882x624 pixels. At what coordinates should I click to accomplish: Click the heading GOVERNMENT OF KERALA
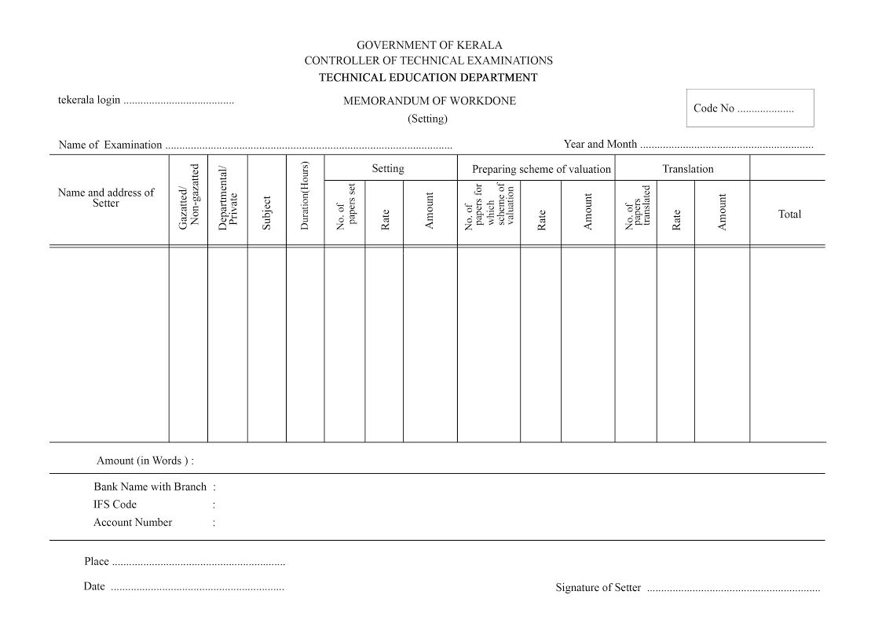[x=429, y=46]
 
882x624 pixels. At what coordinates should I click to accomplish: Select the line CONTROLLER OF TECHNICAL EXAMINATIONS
[x=429, y=61]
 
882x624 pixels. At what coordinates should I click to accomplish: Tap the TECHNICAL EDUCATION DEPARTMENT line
[x=429, y=77]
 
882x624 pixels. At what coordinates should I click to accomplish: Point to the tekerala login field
[x=178, y=101]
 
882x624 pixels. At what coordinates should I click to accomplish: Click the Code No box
[x=750, y=108]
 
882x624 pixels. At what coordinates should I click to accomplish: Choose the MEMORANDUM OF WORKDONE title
[x=429, y=101]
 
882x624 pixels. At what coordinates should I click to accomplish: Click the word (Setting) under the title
[x=427, y=119]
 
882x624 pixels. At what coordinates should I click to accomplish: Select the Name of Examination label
[x=110, y=145]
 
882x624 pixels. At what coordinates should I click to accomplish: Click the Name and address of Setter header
[x=106, y=197]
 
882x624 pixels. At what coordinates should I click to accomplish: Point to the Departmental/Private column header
[x=227, y=197]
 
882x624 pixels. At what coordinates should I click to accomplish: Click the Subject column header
[x=266, y=213]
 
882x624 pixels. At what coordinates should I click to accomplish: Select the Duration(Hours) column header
[x=305, y=196]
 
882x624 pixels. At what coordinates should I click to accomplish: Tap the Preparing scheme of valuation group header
[x=541, y=169]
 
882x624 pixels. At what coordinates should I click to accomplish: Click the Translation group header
[x=688, y=169]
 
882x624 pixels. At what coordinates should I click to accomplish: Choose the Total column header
[x=789, y=214]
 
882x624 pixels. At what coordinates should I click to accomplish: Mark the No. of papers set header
[x=346, y=207]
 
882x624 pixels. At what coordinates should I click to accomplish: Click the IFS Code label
[x=115, y=505]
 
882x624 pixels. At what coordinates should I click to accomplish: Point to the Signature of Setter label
[x=598, y=587]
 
